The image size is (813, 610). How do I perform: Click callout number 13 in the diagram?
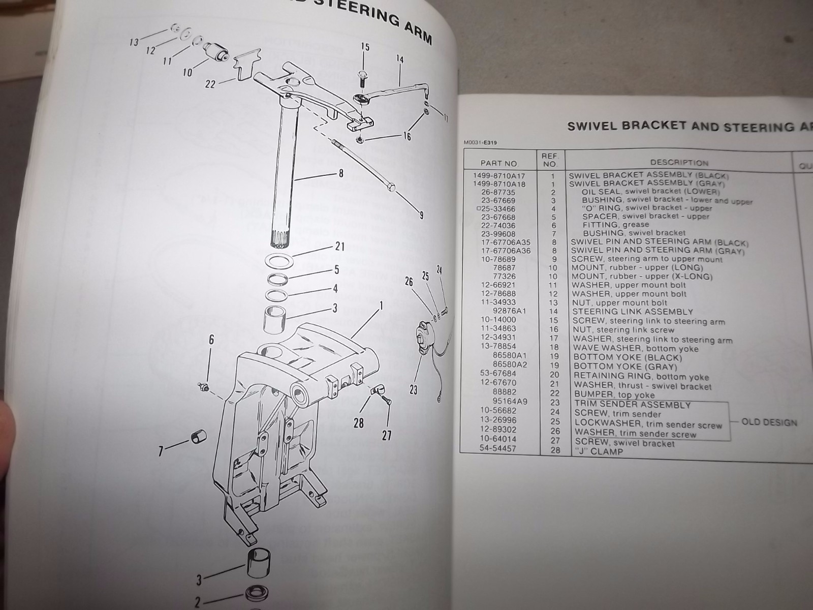[x=134, y=43]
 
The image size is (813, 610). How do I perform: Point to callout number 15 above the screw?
[x=365, y=47]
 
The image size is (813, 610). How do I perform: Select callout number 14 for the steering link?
[x=399, y=59]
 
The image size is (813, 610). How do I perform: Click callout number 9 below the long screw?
[x=421, y=215]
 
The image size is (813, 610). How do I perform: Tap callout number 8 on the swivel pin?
[x=340, y=173]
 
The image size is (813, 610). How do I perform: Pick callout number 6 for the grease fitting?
[x=211, y=340]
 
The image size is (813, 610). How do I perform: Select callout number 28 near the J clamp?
[x=359, y=422]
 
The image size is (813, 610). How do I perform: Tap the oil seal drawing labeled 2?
[x=256, y=593]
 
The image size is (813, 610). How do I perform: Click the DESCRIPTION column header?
[x=679, y=163]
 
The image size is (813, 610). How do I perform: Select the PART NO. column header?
[x=499, y=163]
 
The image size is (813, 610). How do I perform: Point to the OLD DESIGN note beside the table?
[x=769, y=422]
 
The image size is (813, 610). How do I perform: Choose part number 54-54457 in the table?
[x=498, y=448]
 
